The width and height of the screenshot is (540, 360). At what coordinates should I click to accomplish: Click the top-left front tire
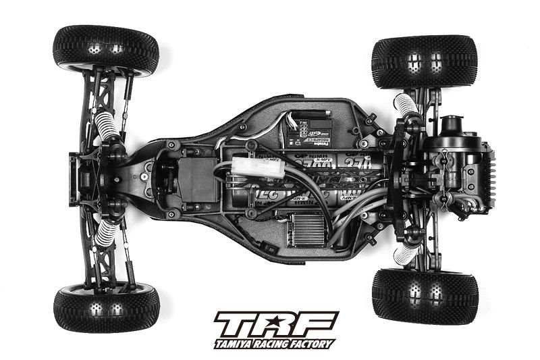pos(105,50)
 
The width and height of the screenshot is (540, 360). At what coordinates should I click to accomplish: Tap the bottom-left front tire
pos(106,307)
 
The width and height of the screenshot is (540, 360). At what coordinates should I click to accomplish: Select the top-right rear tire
pos(424,62)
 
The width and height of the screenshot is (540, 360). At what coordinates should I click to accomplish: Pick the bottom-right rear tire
pos(425,296)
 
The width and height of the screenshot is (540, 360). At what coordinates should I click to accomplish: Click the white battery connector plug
pos(250,168)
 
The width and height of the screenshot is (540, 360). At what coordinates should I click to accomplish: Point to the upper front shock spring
pos(106,125)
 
